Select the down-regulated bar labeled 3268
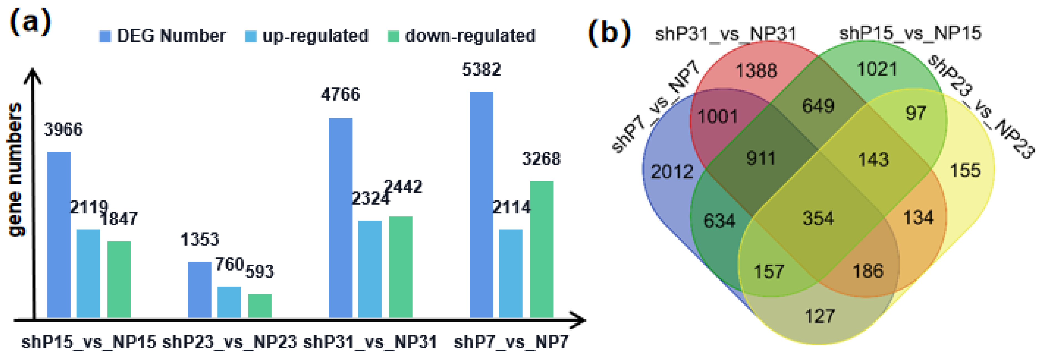coord(541,249)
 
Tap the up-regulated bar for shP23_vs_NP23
coord(229,302)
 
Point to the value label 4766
coord(340,95)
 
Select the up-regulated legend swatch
coord(251,36)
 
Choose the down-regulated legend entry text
coord(470,36)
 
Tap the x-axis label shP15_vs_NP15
coord(88,342)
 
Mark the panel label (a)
coord(30,22)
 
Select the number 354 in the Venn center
coord(818,218)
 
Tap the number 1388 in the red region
coord(756,71)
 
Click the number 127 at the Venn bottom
coord(820,316)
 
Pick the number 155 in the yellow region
coord(965,170)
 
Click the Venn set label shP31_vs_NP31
coord(725,34)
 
